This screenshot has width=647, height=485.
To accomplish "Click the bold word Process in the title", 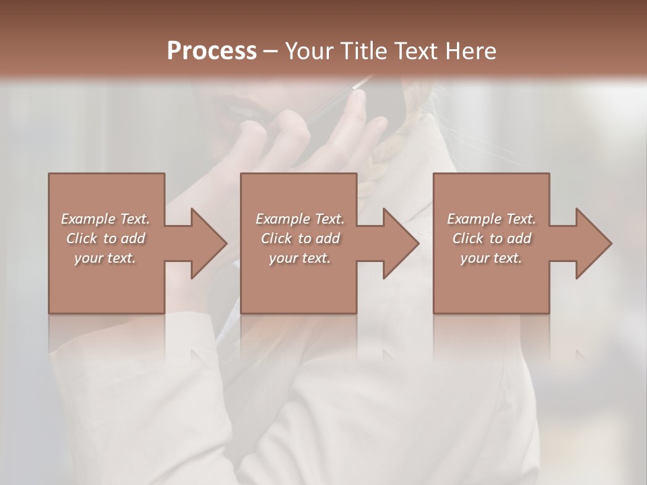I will click(x=212, y=51).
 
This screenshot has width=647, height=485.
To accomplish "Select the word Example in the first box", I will click(x=88, y=219).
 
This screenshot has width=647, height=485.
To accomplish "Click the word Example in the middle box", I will click(x=283, y=219).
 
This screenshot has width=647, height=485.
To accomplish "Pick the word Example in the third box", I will click(x=474, y=219).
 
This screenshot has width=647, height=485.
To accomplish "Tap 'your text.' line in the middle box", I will click(x=299, y=258).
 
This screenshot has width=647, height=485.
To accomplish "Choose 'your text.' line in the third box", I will click(x=491, y=258).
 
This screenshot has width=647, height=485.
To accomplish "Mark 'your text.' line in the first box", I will click(x=104, y=258).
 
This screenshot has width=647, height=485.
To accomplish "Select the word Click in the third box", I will click(x=468, y=238).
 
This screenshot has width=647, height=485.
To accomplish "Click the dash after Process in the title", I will click(x=271, y=51).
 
